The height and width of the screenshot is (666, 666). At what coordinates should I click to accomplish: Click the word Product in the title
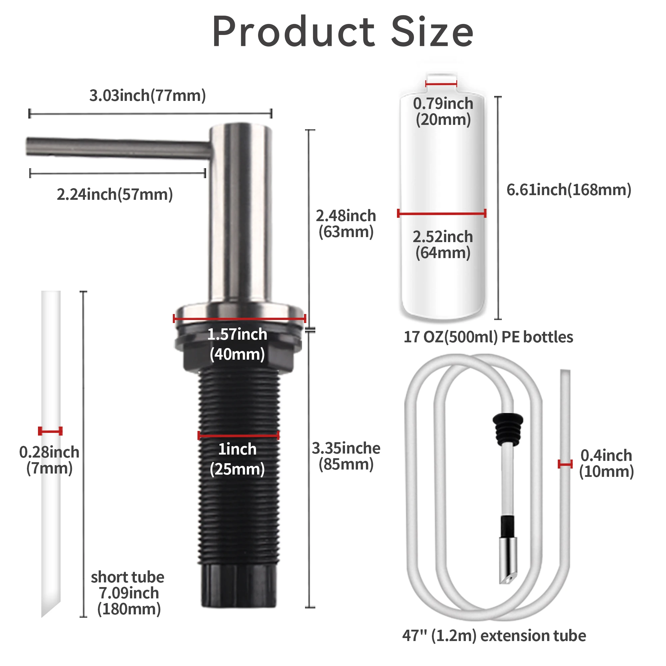(x=294, y=32)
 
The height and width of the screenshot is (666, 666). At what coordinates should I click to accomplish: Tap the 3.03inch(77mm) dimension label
(x=148, y=96)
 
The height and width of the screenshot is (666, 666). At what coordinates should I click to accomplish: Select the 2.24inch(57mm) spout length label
(x=115, y=194)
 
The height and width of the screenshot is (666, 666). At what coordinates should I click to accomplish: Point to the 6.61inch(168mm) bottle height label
(x=569, y=189)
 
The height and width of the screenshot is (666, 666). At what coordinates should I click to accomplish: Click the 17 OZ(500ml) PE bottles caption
(x=488, y=337)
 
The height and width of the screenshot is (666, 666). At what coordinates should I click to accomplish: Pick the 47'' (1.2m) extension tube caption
(x=494, y=636)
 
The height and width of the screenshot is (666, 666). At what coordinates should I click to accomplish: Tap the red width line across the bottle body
(x=442, y=213)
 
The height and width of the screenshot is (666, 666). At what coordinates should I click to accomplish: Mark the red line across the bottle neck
(x=441, y=84)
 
